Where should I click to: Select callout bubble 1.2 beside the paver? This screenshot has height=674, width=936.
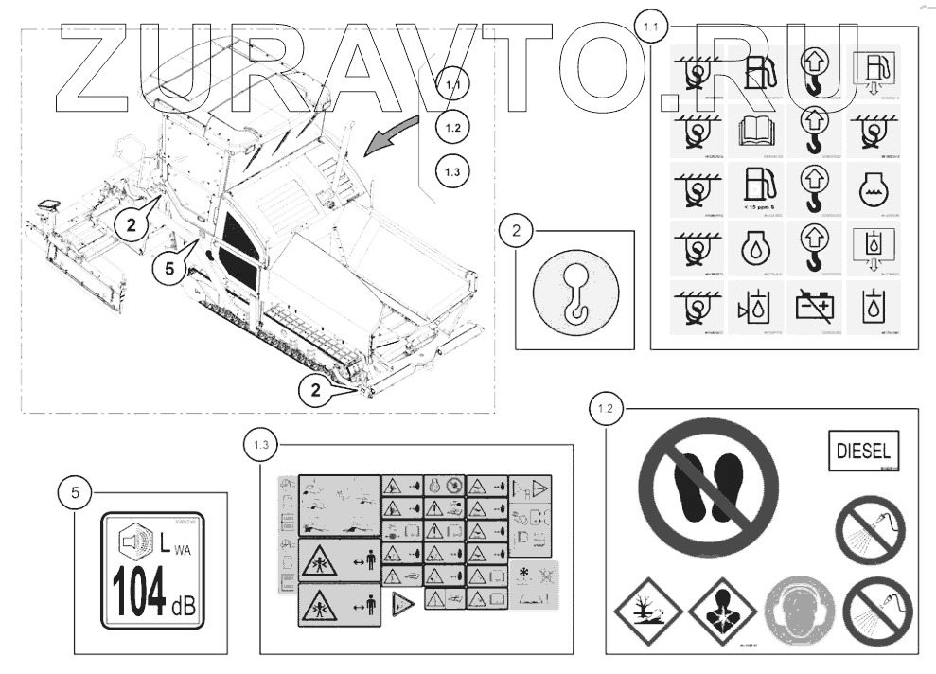point(452,127)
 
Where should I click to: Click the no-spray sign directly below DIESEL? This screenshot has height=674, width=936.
point(870,529)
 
